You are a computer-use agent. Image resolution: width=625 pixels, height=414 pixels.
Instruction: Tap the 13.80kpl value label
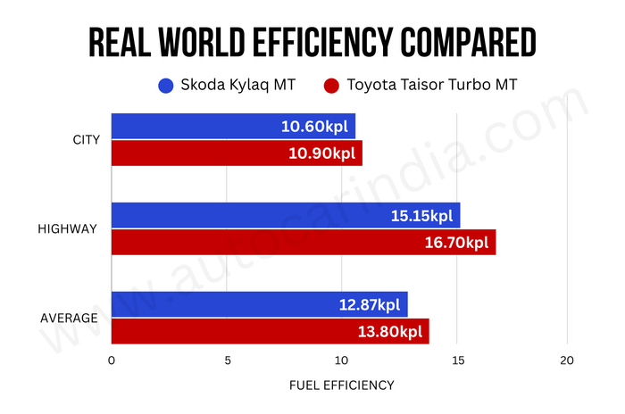click(x=390, y=331)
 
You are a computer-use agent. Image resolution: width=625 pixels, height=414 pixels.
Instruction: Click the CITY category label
click(x=86, y=140)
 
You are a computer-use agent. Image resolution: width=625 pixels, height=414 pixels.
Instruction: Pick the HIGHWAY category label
click(x=67, y=228)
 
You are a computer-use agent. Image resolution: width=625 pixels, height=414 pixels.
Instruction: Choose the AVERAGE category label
click(x=69, y=318)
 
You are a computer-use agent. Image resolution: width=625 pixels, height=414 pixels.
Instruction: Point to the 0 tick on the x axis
click(x=112, y=360)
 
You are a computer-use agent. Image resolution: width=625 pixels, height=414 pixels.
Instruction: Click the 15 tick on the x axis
click(x=456, y=360)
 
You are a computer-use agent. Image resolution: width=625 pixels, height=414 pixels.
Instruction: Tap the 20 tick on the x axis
click(x=567, y=360)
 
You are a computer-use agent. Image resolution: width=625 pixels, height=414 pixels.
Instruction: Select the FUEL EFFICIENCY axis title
click(x=340, y=385)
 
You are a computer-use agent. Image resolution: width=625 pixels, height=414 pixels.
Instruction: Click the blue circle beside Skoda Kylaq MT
click(x=165, y=87)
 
